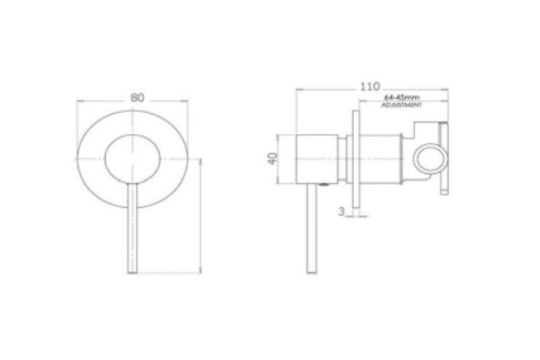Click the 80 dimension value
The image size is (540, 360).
[x=137, y=98]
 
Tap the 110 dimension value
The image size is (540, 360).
[x=369, y=87]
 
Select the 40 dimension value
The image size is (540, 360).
[x=273, y=159]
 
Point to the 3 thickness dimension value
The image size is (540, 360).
[x=341, y=211]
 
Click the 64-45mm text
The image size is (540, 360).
[x=401, y=98]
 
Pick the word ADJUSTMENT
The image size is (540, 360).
[x=401, y=105]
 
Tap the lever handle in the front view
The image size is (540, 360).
[x=132, y=228]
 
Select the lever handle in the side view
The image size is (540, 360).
[x=312, y=229]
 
